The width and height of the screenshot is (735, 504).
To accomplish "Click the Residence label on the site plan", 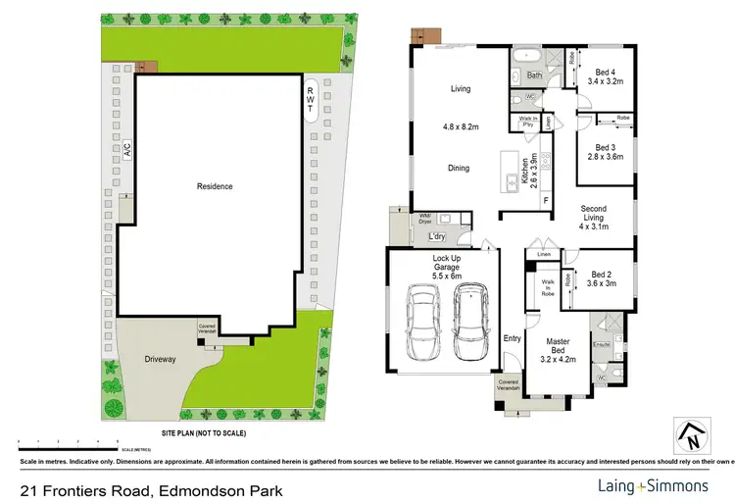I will pos(215,186).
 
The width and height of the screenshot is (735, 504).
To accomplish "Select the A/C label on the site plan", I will pos(125,151).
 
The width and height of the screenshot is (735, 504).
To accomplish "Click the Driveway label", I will pos(160,360).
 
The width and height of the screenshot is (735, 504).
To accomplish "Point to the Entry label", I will pos(512,338).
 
